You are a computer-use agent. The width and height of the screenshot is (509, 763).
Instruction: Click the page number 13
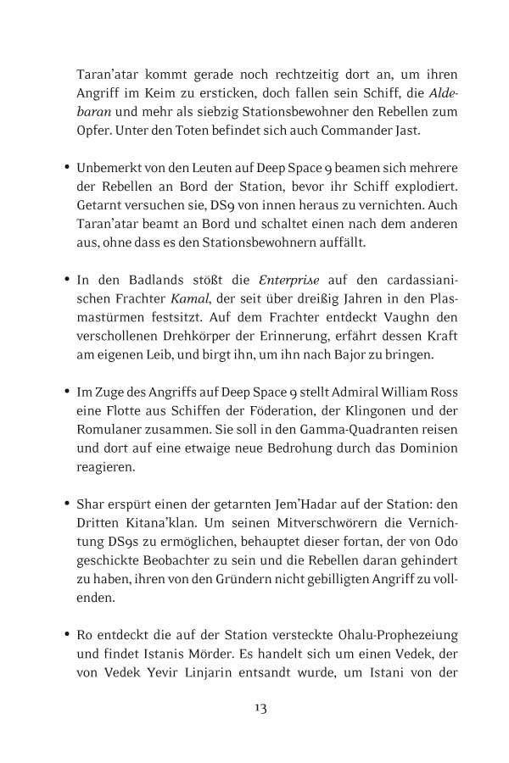click(x=260, y=708)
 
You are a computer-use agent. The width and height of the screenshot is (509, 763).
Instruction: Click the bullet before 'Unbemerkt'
click(x=66, y=168)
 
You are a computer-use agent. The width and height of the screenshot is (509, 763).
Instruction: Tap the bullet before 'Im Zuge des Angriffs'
click(x=66, y=393)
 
